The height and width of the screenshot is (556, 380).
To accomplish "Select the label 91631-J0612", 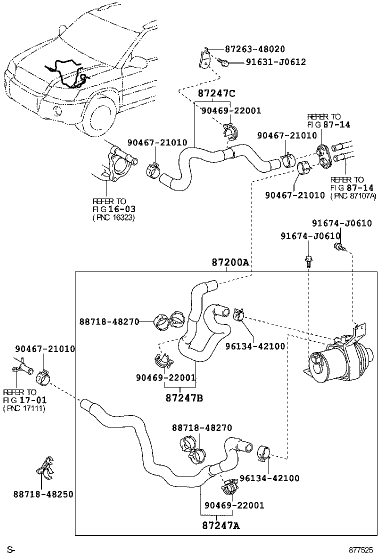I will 275,62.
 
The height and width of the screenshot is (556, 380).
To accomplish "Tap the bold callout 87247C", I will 216,93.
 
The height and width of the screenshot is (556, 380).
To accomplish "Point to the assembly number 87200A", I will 230,262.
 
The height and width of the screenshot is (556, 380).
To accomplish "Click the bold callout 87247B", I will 184,398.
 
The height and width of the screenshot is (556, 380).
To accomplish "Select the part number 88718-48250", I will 43,494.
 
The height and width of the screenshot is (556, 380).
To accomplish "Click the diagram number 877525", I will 360,549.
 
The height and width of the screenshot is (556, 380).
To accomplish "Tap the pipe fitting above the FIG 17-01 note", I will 24,371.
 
